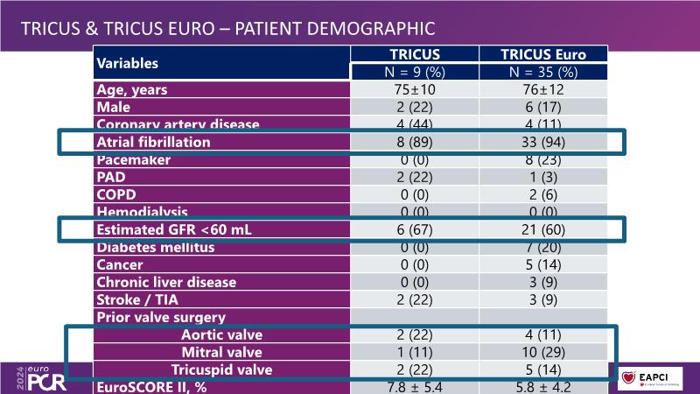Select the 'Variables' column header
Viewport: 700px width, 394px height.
(x=128, y=63)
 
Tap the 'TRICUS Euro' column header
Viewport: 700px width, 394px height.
(x=543, y=54)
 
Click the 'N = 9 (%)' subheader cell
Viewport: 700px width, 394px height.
(x=415, y=72)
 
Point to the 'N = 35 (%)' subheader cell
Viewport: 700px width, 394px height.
(x=543, y=72)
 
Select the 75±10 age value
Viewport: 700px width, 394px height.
(x=415, y=89)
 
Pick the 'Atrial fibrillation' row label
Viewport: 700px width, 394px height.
(x=154, y=142)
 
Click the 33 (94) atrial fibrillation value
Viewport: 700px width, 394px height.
(x=543, y=142)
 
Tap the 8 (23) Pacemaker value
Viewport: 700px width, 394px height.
(x=543, y=160)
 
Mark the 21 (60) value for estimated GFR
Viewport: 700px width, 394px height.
(x=543, y=230)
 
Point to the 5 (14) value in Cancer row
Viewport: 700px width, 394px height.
(x=543, y=264)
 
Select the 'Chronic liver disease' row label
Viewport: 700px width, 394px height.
(x=166, y=282)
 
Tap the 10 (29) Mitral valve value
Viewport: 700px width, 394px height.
(x=543, y=352)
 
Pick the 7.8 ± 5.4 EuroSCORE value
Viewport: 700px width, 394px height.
(x=415, y=386)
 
